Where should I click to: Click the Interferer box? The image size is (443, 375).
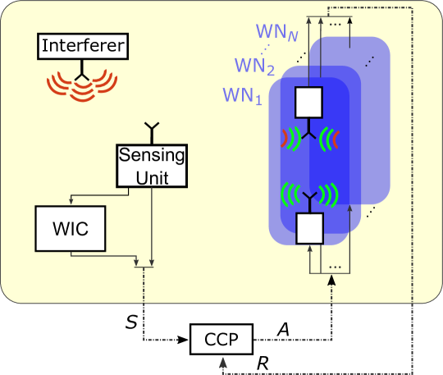[84, 47]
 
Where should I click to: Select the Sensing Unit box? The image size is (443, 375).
[152, 165]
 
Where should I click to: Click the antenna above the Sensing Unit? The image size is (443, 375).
[152, 130]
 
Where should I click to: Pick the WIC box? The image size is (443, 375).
[71, 228]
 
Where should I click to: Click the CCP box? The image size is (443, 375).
[221, 338]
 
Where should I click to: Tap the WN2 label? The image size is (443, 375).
[253, 65]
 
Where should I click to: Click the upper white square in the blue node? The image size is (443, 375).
[309, 103]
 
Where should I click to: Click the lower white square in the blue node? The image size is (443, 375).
[309, 227]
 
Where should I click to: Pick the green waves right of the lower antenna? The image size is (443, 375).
[328, 195]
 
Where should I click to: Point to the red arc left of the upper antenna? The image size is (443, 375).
[285, 136]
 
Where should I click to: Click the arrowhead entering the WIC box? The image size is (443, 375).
[71, 204]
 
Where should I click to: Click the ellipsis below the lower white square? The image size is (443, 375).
[334, 268]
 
